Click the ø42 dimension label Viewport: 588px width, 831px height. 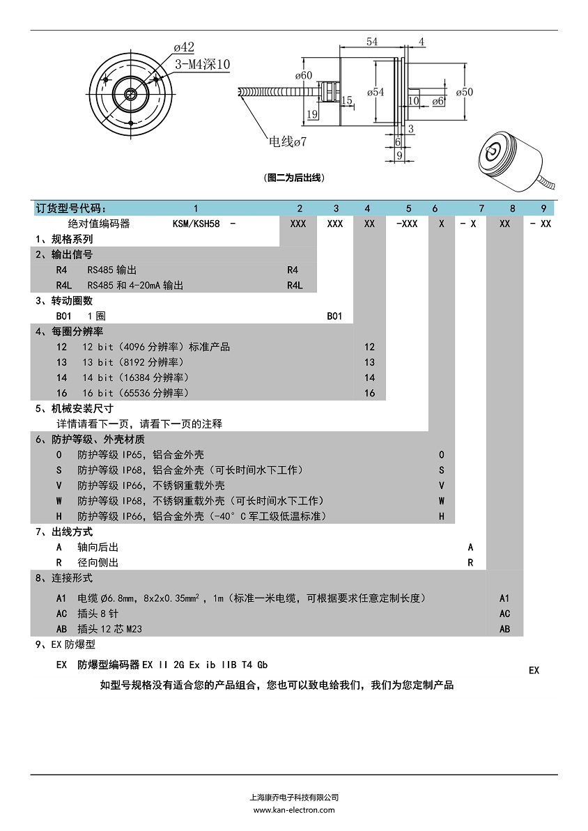[x=184, y=47]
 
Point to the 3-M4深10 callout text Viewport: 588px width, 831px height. [x=202, y=65]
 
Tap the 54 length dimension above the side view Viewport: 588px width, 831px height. [x=372, y=42]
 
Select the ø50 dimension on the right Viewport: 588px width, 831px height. [x=464, y=92]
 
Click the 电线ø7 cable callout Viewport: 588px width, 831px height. [x=288, y=142]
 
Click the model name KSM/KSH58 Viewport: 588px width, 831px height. [x=196, y=224]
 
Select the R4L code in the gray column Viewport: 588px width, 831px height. [x=295, y=285]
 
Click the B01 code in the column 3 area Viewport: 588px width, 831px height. [x=334, y=316]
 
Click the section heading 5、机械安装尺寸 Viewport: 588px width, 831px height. [x=74, y=408]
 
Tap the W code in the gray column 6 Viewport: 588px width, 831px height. [x=442, y=501]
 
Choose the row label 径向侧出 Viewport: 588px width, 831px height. [x=98, y=562]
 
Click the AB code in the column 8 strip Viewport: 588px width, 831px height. [x=505, y=629]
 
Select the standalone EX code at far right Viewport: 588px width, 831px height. [x=534, y=670]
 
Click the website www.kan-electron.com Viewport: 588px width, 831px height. [x=294, y=810]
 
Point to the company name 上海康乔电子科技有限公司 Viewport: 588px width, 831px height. [x=294, y=798]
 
